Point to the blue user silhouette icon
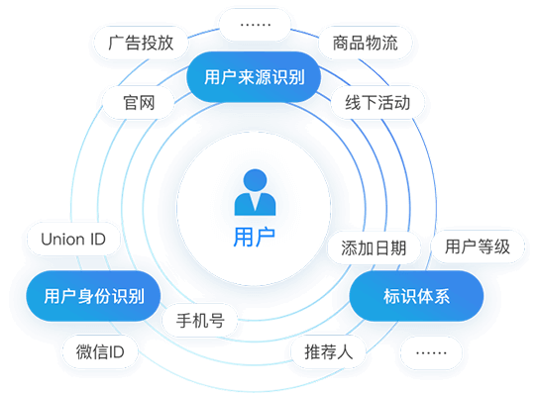tap(256, 192)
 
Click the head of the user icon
tap(256, 180)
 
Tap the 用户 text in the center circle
tap(255, 238)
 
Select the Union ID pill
tap(74, 239)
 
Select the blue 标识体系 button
tap(416, 295)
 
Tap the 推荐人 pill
tap(328, 351)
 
